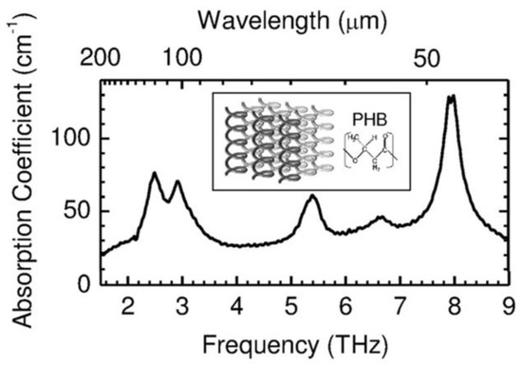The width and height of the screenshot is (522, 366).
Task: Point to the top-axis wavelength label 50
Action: click(x=429, y=59)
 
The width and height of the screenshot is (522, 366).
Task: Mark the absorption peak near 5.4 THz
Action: click(x=312, y=196)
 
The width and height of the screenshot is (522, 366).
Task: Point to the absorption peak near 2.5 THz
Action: click(x=155, y=174)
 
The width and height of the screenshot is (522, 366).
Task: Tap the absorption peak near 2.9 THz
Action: click(x=177, y=182)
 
